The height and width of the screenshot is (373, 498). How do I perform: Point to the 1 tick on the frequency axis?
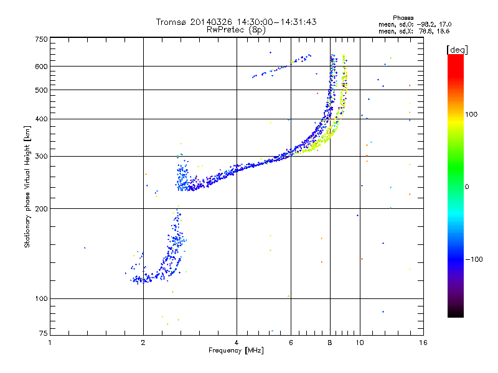[x=50, y=343]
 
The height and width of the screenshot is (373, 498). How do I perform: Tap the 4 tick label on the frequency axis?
[x=237, y=343]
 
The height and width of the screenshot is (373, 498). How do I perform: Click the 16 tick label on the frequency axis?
[x=422, y=343]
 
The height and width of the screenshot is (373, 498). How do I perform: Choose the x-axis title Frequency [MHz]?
[x=236, y=351]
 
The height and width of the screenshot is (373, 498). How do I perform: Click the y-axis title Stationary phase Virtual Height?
[x=27, y=186]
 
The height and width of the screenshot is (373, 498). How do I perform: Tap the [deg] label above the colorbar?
[x=458, y=49]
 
